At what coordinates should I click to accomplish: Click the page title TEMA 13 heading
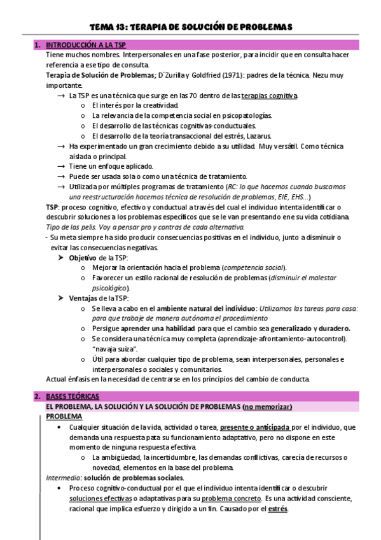coord(190,27)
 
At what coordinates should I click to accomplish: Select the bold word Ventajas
coord(83,298)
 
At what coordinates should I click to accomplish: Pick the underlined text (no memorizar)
coord(273,406)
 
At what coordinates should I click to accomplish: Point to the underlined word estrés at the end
coord(277,509)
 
